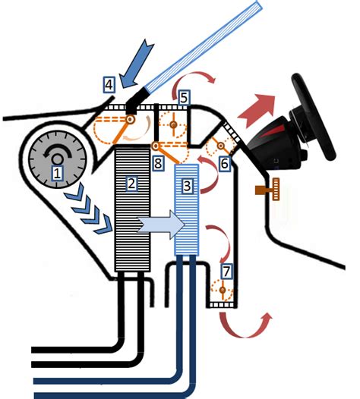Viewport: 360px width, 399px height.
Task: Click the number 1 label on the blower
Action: [55, 173]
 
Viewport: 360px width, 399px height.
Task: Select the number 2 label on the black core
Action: [131, 183]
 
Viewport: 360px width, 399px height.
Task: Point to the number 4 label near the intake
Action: [109, 83]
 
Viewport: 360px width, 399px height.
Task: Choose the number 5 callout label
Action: [184, 97]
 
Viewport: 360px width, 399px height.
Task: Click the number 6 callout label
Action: [224, 162]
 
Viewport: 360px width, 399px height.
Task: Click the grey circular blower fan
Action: [55, 161]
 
